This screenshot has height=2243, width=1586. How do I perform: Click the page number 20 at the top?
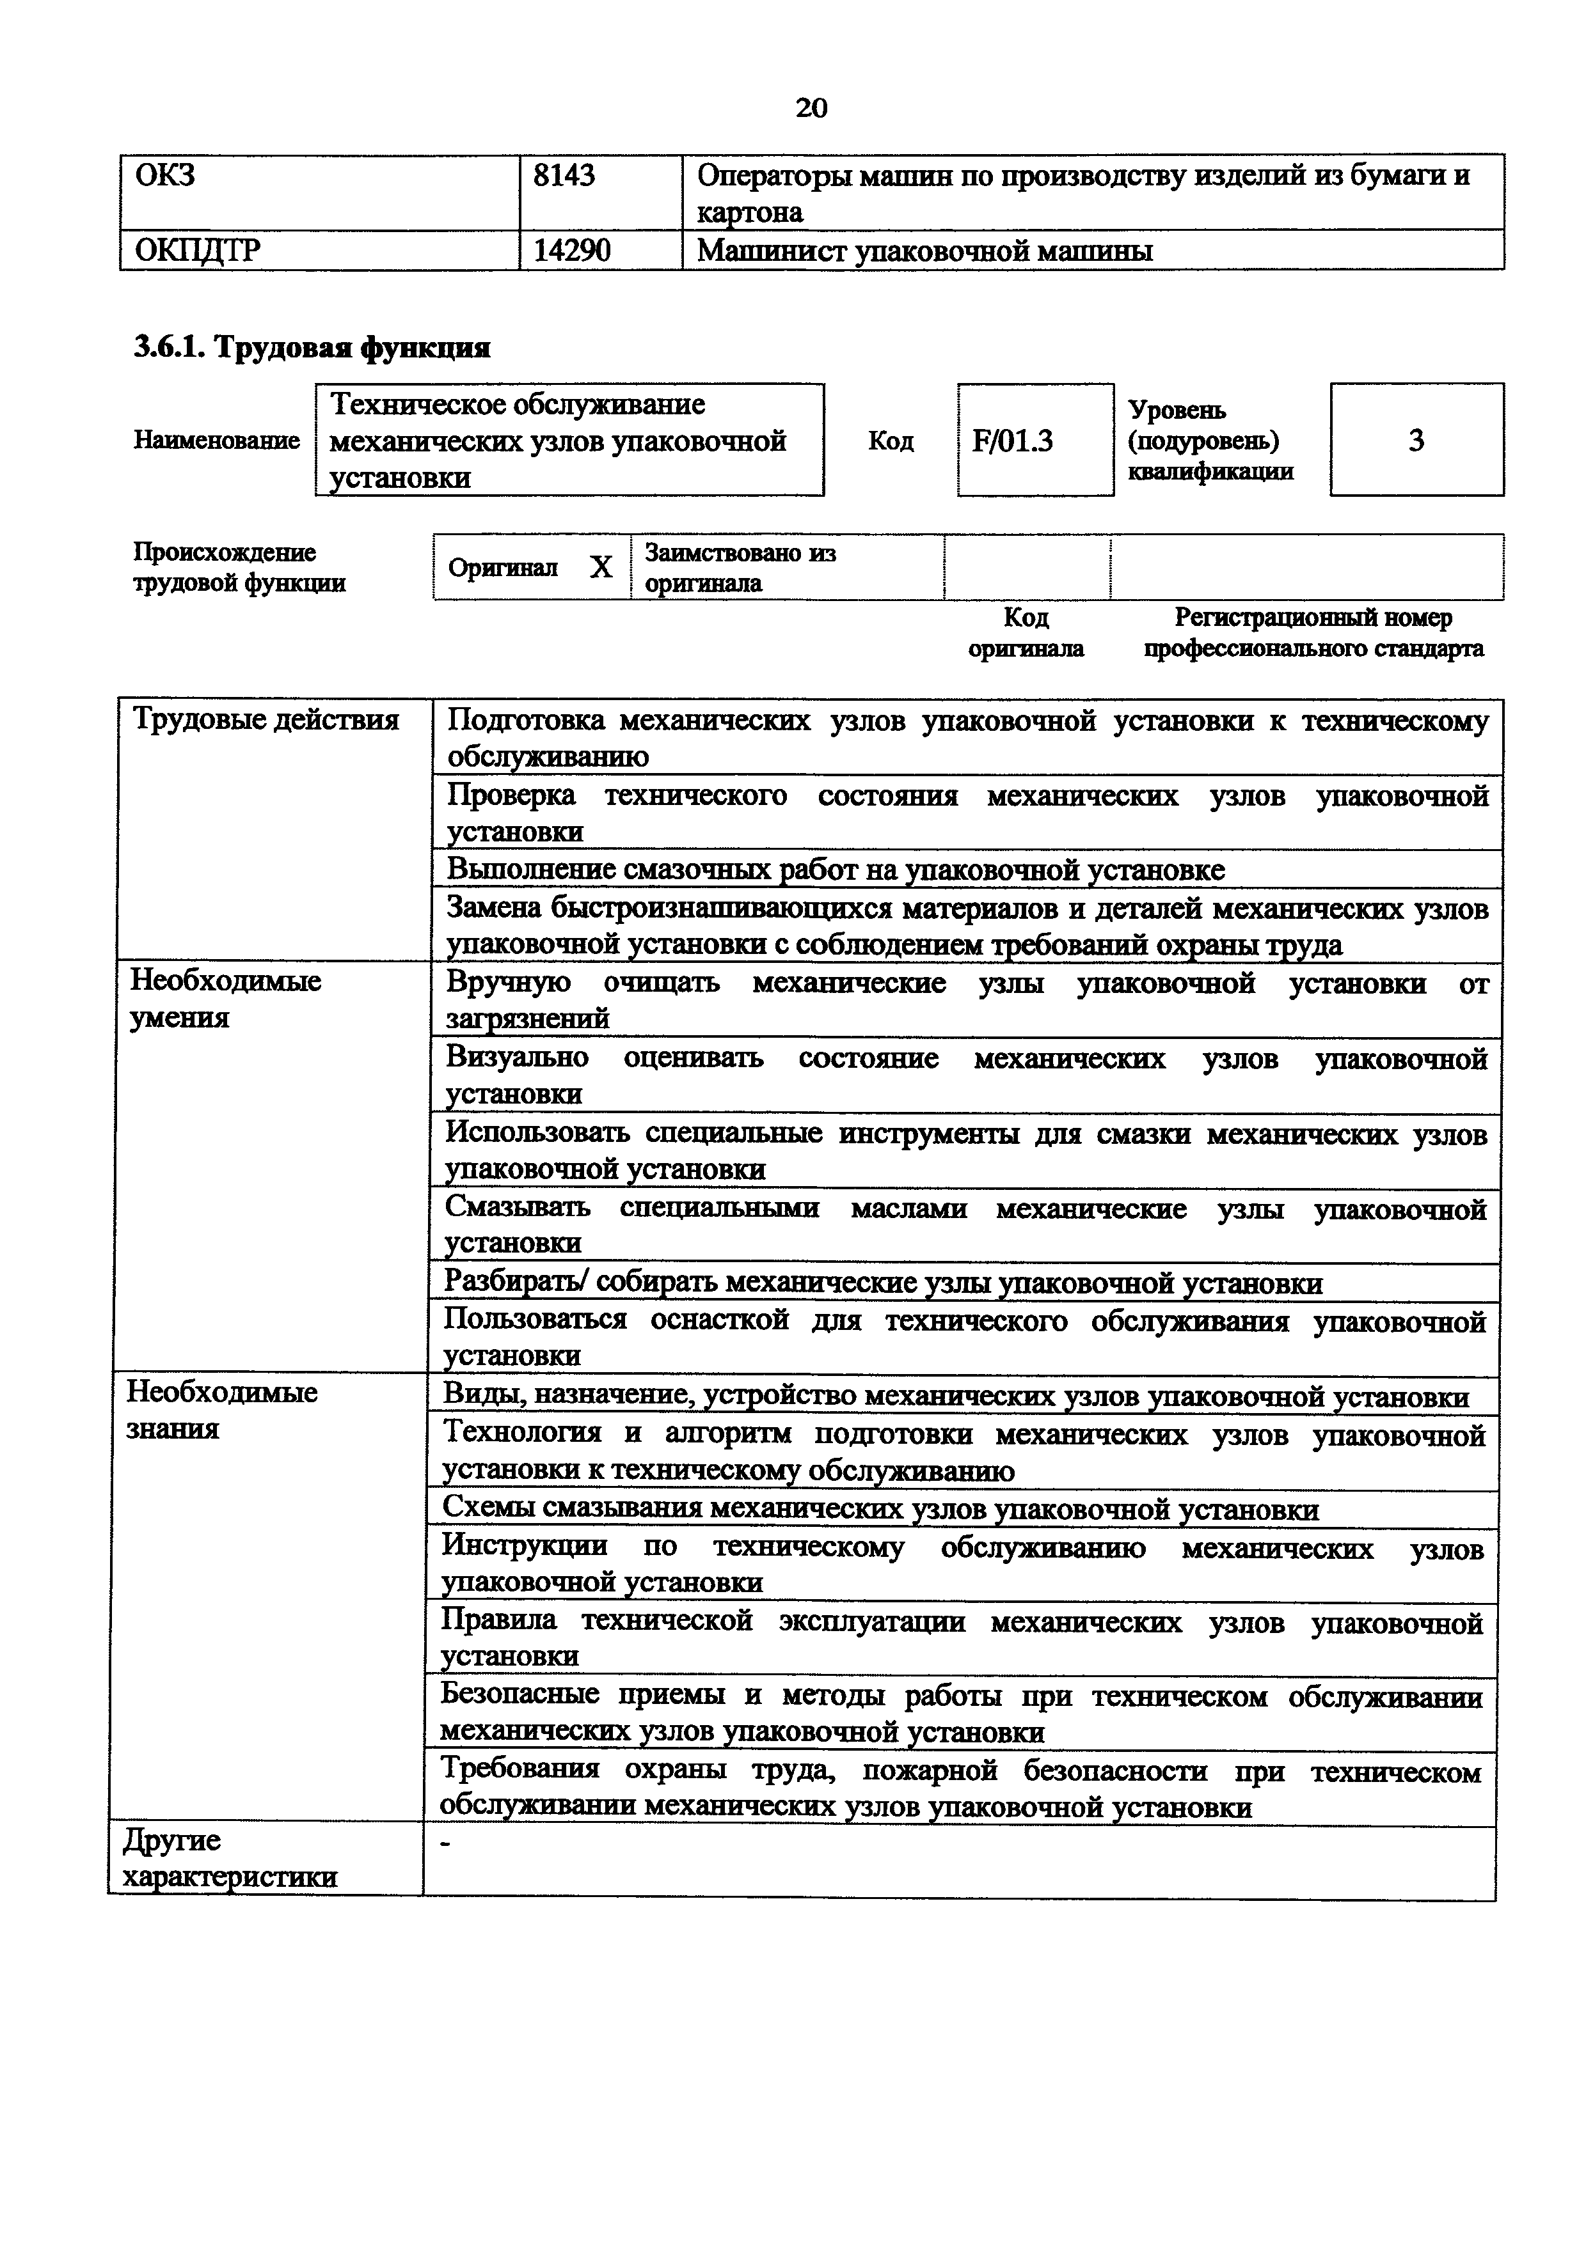tap(811, 107)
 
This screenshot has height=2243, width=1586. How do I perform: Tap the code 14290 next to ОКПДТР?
tap(572, 251)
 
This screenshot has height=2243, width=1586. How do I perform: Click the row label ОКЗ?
tap(165, 176)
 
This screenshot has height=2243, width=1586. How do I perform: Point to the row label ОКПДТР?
tap(198, 251)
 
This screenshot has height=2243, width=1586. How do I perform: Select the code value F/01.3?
tap(1012, 442)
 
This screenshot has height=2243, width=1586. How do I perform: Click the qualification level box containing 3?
tap(1416, 441)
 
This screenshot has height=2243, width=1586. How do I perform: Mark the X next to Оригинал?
tap(601, 568)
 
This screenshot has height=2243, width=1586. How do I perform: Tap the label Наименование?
tap(217, 441)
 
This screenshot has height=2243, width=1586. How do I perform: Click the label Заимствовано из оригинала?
tap(740, 568)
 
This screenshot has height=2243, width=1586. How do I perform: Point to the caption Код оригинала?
tap(1026, 632)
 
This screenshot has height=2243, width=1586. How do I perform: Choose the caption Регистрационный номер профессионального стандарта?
tap(1313, 632)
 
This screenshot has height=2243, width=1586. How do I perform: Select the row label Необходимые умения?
tap(226, 998)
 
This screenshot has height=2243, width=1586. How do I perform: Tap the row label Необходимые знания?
tap(222, 1410)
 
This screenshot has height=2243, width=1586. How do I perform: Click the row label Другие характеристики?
tap(230, 1858)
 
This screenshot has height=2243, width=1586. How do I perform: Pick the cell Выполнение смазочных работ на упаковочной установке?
tap(836, 870)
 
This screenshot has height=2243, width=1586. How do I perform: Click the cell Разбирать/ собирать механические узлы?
tap(884, 1283)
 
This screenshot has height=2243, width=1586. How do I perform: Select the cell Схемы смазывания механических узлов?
tap(880, 1510)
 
